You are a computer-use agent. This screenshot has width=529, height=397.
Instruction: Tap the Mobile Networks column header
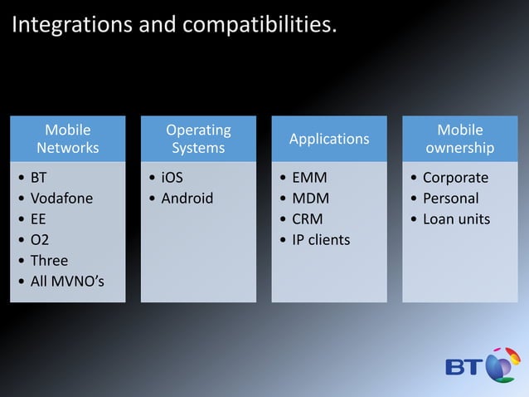tap(68, 139)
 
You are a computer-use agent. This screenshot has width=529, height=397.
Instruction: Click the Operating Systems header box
tap(198, 139)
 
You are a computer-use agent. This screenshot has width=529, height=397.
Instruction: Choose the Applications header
tap(329, 139)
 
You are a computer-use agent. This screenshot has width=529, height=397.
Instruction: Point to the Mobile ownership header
tap(460, 139)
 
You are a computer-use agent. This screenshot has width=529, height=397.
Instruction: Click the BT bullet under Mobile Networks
tap(39, 178)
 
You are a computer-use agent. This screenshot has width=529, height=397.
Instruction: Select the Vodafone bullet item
tap(61, 198)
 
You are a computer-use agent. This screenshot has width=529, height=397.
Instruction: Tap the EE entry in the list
tap(38, 219)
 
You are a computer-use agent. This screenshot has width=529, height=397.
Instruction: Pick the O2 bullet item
tap(39, 240)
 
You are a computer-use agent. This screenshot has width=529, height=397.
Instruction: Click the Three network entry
tap(49, 261)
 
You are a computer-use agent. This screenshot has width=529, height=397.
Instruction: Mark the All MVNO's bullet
tap(66, 282)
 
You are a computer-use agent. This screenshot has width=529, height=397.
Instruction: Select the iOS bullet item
tap(172, 178)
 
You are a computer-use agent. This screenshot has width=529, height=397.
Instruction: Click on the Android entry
tap(187, 198)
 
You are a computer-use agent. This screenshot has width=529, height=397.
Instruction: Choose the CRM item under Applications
tap(308, 219)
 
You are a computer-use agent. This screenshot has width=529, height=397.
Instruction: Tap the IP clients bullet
tap(321, 240)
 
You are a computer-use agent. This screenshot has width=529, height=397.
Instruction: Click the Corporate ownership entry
tap(455, 178)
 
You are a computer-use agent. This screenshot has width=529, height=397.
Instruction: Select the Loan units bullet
tap(456, 219)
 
